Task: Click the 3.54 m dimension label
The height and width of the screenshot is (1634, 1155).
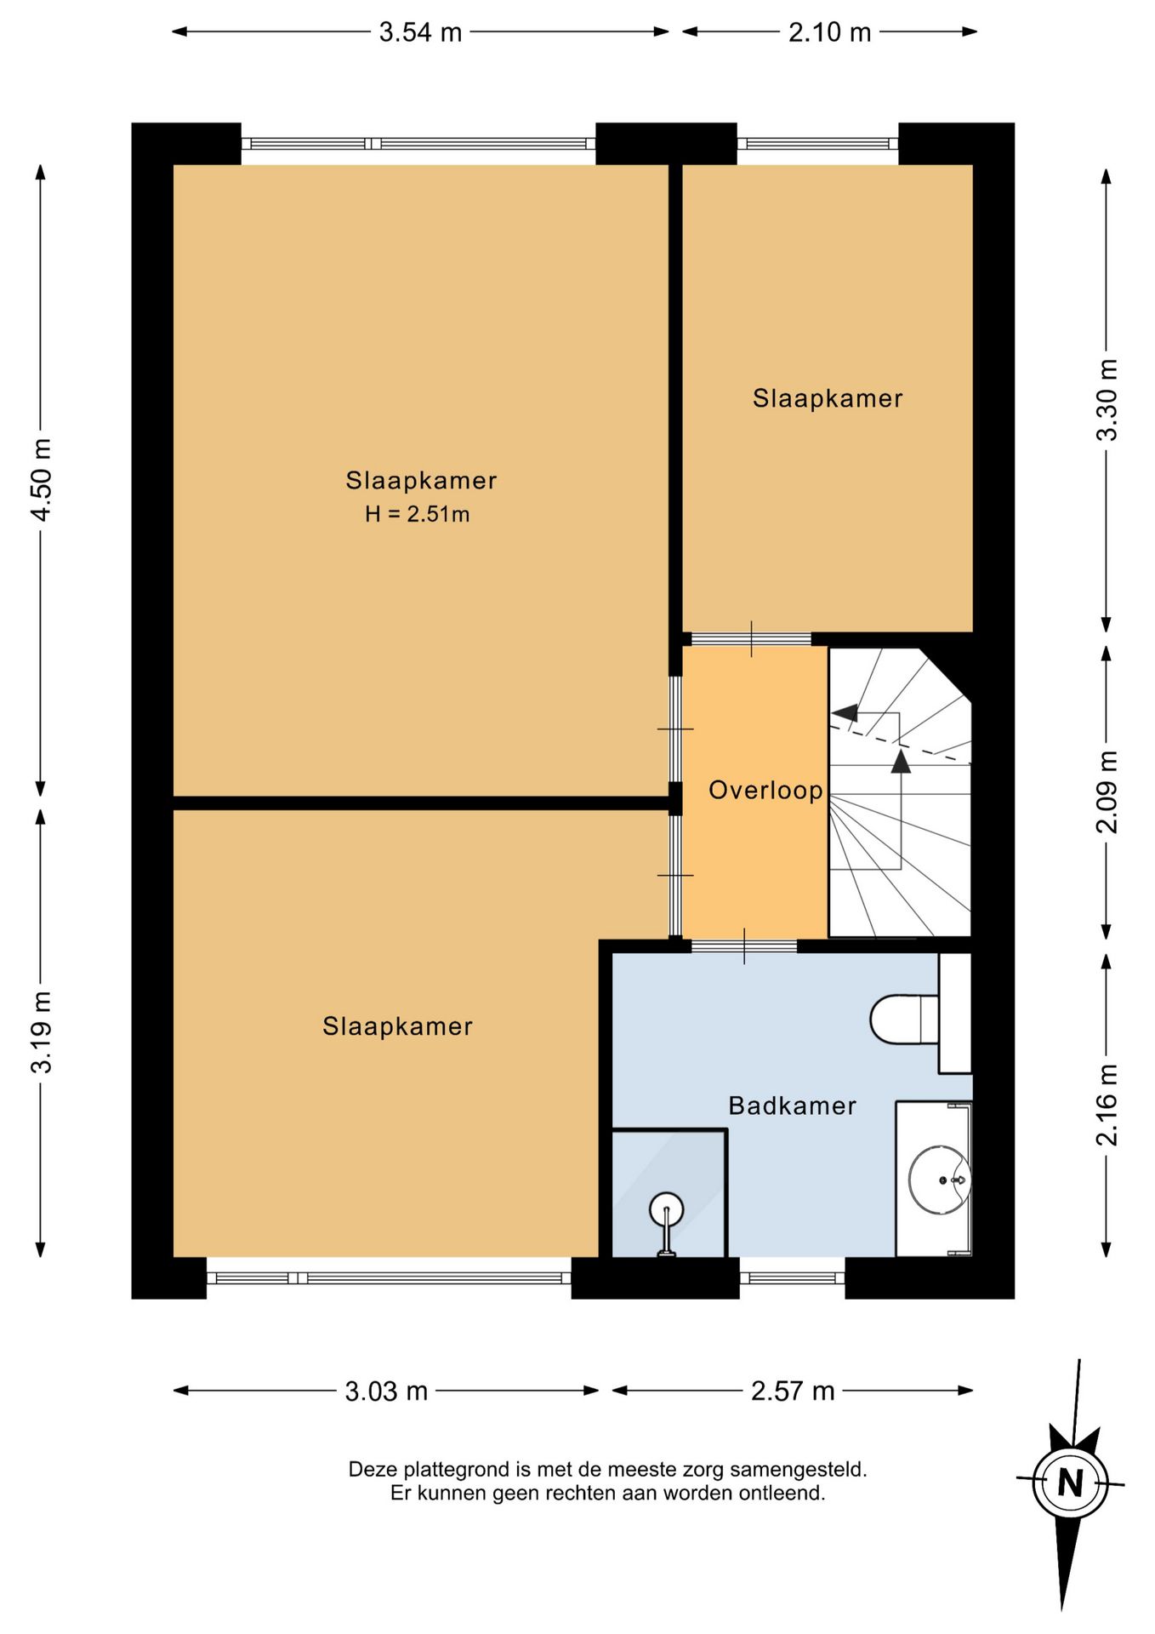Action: [420, 32]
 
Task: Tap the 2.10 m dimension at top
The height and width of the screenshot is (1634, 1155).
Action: [829, 32]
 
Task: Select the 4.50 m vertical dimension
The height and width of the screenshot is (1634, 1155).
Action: [41, 480]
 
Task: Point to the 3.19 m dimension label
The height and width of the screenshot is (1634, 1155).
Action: [41, 1031]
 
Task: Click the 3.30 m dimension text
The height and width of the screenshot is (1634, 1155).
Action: [1107, 400]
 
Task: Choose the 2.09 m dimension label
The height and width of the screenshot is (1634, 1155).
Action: [1107, 791]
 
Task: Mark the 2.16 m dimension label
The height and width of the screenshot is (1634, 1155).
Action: [1107, 1105]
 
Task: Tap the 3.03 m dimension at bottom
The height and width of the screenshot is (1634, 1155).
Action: [386, 1391]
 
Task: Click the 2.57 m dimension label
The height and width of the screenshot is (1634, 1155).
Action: [793, 1391]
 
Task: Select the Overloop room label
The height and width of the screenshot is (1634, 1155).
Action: [765, 791]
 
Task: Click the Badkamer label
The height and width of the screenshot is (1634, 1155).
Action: [792, 1106]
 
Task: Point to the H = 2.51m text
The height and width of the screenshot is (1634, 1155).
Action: [417, 514]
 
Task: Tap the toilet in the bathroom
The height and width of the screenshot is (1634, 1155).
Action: [904, 1019]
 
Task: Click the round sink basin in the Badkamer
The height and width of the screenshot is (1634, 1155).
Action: [939, 1180]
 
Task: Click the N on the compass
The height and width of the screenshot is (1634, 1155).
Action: [1070, 1483]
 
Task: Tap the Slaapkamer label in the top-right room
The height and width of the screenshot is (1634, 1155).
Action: [828, 398]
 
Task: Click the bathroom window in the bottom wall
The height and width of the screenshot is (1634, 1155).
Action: [792, 1277]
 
